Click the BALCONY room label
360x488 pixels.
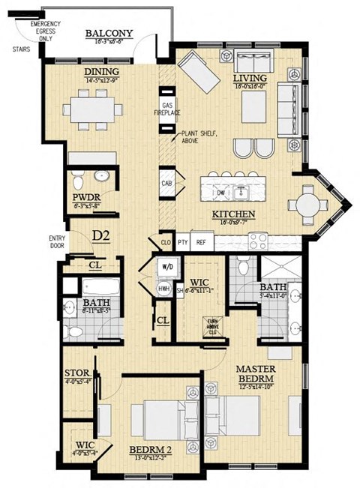click(x=109, y=34)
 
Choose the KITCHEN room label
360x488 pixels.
click(x=233, y=214)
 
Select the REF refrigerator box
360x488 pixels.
click(x=201, y=243)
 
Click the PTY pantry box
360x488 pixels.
click(x=182, y=243)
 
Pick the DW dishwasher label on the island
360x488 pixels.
click(x=220, y=192)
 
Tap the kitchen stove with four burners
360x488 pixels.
click(x=258, y=241)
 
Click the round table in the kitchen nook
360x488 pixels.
click(x=307, y=202)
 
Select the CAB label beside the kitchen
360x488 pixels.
click(x=166, y=182)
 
